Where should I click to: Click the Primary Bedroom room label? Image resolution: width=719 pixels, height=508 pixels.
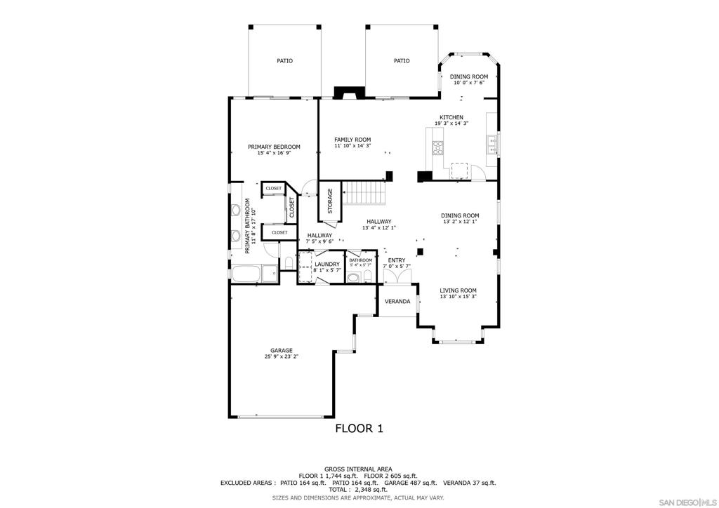click(274, 147)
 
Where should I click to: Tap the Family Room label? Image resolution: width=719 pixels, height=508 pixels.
click(352, 140)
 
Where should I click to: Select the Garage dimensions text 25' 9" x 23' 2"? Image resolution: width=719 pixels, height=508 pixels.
click(281, 356)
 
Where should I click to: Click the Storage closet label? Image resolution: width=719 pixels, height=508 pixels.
click(330, 201)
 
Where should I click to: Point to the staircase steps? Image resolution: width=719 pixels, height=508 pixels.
click(364, 192)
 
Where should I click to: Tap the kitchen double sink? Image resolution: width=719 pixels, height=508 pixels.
click(492, 144)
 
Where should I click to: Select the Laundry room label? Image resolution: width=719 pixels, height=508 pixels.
click(327, 265)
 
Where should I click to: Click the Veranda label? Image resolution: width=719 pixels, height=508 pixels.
click(397, 302)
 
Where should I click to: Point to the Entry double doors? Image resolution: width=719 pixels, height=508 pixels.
click(397, 276)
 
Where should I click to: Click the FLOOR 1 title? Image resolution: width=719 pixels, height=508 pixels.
click(359, 428)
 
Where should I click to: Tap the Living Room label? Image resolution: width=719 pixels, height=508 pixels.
click(458, 290)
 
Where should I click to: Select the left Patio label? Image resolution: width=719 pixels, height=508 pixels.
click(285, 60)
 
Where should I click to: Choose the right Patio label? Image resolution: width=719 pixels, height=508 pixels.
click(402, 60)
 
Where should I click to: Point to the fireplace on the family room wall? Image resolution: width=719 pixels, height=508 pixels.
click(349, 93)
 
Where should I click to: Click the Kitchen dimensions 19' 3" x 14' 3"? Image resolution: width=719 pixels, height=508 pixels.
click(451, 123)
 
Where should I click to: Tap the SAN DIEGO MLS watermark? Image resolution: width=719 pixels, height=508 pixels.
click(687, 500)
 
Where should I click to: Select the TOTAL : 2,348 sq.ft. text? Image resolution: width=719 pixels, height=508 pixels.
click(358, 490)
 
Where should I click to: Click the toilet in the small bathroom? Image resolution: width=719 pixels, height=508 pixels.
click(367, 276)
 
